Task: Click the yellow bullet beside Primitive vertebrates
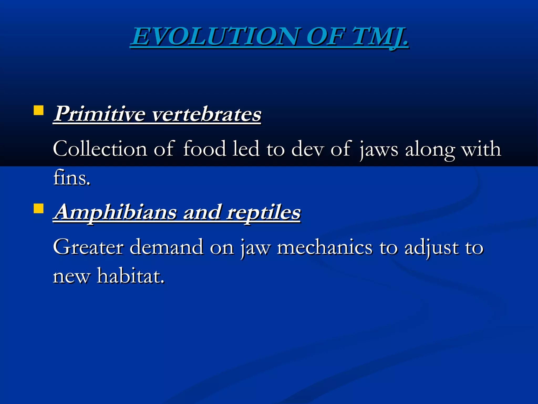coord(39,110)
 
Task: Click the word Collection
coord(100,149)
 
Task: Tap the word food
coord(204,149)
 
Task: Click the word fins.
coord(71,178)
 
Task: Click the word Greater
coord(88,247)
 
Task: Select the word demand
coord(167,247)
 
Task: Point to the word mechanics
coord(325,247)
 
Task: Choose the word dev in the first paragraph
coord(307,149)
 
